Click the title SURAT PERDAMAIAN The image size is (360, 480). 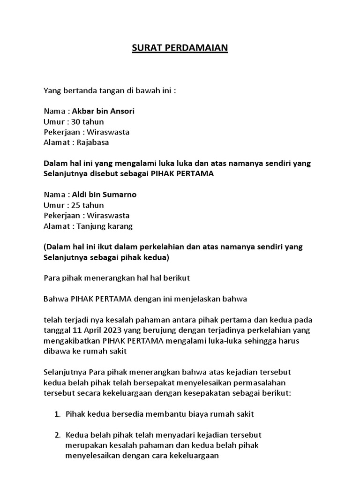180,48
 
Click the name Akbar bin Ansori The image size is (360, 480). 103,112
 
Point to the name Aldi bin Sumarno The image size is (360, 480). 104,195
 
